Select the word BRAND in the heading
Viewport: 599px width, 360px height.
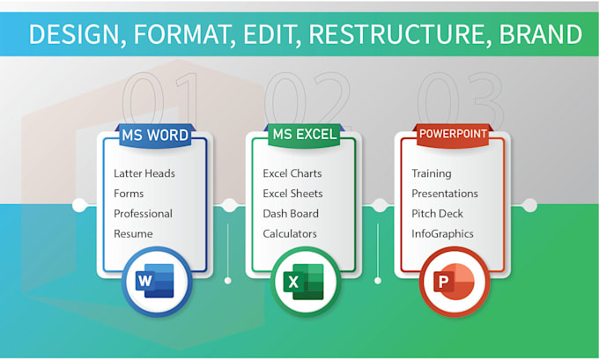tap(540, 34)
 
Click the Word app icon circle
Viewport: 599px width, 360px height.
tap(155, 283)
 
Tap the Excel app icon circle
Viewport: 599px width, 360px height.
tap(305, 283)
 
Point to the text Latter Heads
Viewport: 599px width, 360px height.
tap(144, 173)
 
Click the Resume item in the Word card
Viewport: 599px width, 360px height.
tap(133, 234)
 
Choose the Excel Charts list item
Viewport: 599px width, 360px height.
tap(292, 173)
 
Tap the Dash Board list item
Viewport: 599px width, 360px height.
tap(291, 214)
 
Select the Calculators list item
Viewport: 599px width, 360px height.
tap(290, 234)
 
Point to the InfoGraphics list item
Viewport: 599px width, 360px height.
tap(442, 234)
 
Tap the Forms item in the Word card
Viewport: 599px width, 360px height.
tap(129, 194)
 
